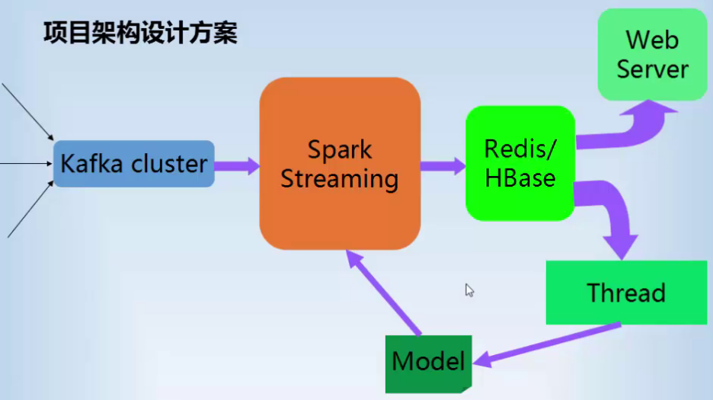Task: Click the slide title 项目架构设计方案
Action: [x=140, y=34]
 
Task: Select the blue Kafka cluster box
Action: [x=134, y=164]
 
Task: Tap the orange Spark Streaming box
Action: [x=341, y=163]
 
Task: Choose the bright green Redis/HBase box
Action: [x=520, y=163]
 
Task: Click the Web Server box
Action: [x=653, y=54]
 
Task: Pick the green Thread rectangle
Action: [x=627, y=292]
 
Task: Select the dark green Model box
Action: [x=428, y=364]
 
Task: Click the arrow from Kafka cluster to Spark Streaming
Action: [x=237, y=166]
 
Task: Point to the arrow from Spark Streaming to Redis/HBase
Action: [x=443, y=166]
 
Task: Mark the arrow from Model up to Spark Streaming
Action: [x=383, y=293]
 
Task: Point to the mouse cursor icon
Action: [x=469, y=290]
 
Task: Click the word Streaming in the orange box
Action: [x=340, y=179]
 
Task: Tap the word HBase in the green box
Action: [x=520, y=178]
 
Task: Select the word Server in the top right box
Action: [x=653, y=69]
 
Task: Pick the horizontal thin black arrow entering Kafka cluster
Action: [x=27, y=163]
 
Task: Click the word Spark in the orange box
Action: [x=340, y=150]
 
